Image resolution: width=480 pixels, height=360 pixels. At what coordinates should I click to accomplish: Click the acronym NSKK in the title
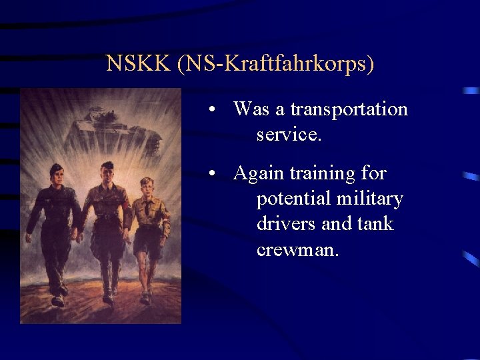point(139,64)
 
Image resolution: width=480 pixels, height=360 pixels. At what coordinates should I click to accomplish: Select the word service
point(289,135)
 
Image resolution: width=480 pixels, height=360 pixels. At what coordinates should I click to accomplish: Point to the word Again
point(259,173)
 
